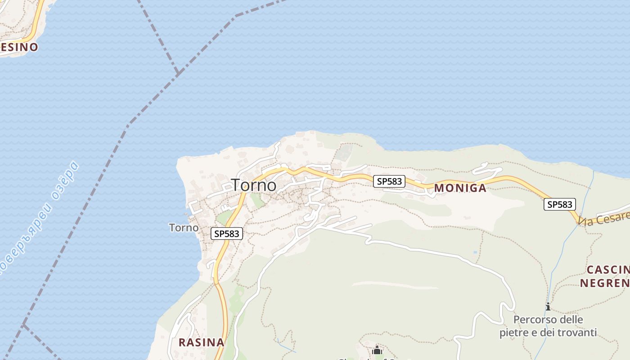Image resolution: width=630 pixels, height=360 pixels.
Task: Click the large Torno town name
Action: (x=254, y=185)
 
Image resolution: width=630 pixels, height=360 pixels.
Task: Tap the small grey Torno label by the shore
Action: (x=184, y=228)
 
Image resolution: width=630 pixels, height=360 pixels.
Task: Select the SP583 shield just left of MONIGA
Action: (x=389, y=181)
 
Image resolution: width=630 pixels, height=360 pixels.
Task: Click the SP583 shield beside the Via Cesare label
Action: (x=560, y=204)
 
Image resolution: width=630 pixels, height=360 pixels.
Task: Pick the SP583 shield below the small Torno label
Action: (x=227, y=234)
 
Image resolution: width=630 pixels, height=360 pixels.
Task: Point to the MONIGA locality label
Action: (x=460, y=188)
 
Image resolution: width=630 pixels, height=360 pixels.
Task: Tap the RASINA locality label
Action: (x=201, y=342)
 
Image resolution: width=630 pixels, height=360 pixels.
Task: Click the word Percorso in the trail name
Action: (x=534, y=320)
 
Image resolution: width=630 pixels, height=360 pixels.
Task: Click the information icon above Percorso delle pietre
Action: (x=548, y=307)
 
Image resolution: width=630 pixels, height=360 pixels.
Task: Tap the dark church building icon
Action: (x=377, y=350)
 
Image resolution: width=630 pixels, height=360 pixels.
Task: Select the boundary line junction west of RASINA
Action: (x=23, y=325)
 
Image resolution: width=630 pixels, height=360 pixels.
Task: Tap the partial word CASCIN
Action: (x=608, y=270)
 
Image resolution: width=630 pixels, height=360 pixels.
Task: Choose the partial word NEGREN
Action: (x=604, y=283)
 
